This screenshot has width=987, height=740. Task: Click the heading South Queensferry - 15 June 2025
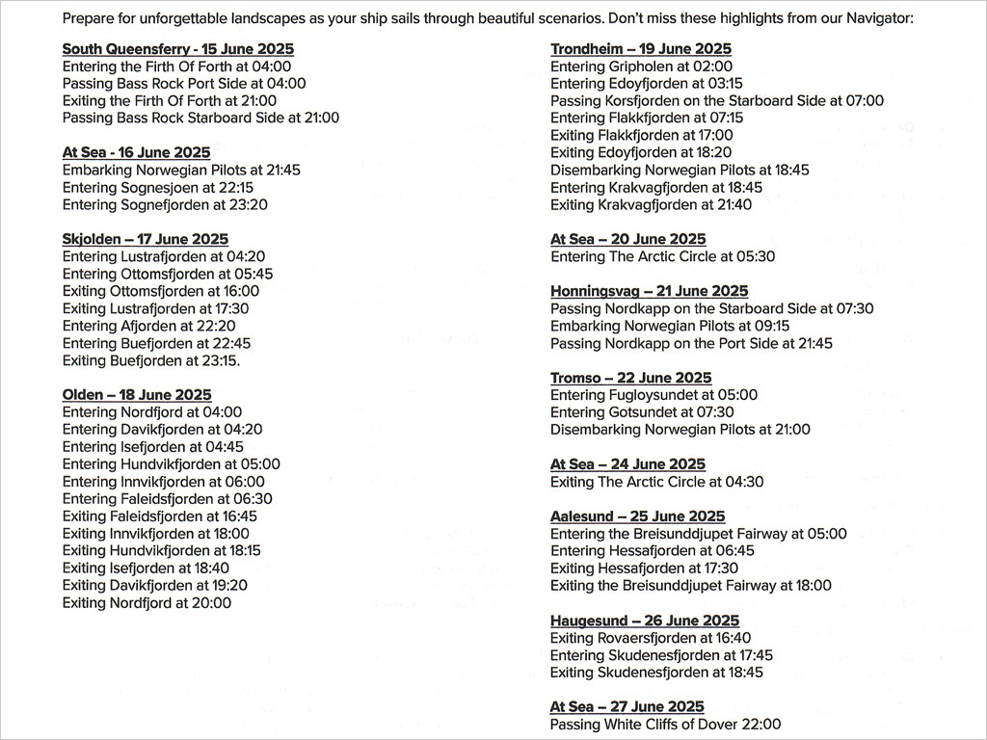point(178,49)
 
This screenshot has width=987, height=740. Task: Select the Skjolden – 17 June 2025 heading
point(146,239)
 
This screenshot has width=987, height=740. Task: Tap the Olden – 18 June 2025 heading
point(137,395)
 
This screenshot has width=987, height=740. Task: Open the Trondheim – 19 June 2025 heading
point(641,49)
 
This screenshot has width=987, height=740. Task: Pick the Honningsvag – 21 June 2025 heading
point(650,291)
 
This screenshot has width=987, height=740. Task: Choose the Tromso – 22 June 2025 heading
point(631,378)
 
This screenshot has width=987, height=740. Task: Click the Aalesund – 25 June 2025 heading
point(638,516)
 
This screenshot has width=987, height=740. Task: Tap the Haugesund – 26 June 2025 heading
point(645,621)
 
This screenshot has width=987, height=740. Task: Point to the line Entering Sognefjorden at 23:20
point(165,204)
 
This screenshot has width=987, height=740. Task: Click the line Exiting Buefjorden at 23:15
point(151,360)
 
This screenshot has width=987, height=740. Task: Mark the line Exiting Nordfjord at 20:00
point(147,603)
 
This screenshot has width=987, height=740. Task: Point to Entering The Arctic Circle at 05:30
point(662,256)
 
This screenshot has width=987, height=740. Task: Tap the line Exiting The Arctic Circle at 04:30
point(656,482)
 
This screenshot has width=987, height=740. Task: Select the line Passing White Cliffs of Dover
point(665,725)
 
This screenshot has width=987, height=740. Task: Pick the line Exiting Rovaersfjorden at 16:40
point(651,638)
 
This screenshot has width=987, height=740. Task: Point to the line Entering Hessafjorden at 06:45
point(653,551)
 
